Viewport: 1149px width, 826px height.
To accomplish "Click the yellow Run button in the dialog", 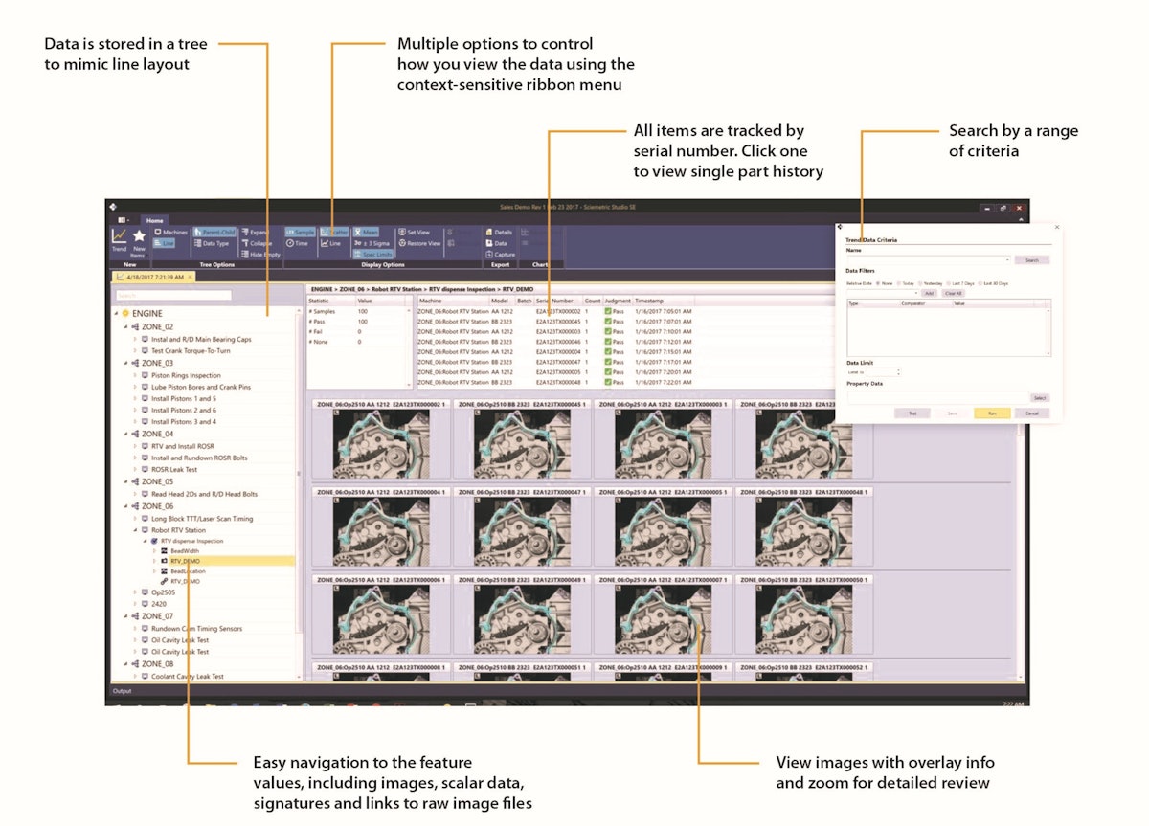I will coord(992,413).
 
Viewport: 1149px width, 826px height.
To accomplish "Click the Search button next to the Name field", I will coord(1031,259).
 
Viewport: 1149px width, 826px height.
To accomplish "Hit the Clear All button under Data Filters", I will coord(953,293).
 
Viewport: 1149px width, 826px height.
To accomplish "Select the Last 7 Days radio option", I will coord(962,283).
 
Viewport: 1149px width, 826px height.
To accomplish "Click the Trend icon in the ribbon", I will coord(119,239).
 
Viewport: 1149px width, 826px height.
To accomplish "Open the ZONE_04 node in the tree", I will coord(157,434).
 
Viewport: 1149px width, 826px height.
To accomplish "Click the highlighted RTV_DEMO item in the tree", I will coord(185,561).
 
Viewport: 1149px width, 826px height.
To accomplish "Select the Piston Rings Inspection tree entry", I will coord(186,375).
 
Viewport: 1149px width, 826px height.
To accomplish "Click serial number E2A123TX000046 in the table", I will coord(558,341).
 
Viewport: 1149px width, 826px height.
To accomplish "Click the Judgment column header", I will coord(618,301).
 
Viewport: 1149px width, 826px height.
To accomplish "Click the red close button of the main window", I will coord(1019,208).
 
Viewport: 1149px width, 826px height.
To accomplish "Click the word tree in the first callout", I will coord(196,44).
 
